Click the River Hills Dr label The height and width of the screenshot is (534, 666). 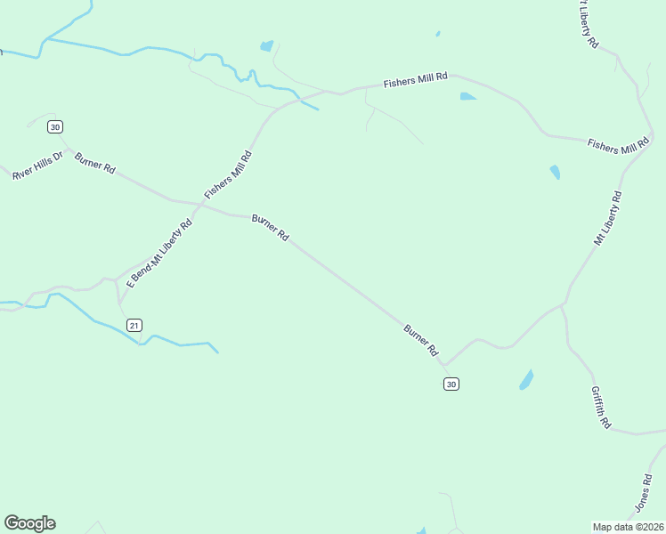[38, 166]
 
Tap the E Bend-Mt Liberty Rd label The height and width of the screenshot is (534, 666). [160, 254]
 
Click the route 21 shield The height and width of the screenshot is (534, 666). [134, 325]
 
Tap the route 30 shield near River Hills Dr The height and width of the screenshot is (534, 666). [55, 127]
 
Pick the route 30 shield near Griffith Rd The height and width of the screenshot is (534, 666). [451, 384]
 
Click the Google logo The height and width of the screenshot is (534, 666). [29, 523]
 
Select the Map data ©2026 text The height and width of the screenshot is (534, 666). [628, 527]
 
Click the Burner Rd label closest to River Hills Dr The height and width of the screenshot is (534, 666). [95, 164]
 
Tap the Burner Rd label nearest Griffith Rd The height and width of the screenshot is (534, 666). [421, 341]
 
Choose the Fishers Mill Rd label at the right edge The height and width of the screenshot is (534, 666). [619, 146]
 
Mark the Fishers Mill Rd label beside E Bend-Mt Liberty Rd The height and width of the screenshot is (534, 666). [228, 174]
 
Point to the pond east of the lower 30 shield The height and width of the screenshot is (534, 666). [526, 380]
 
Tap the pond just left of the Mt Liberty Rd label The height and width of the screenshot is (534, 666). [555, 172]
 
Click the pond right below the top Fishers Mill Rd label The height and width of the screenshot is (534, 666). [467, 96]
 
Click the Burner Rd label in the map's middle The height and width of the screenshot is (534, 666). [271, 229]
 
